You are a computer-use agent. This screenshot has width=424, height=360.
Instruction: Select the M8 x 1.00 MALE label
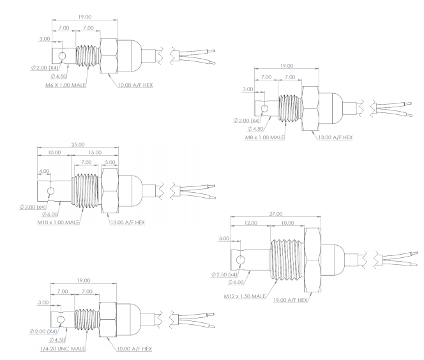pyautogui.click(x=266, y=137)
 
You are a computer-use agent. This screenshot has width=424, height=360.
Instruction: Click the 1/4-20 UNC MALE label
pyautogui.click(x=60, y=349)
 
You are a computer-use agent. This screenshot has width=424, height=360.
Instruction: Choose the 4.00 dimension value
pyautogui.click(x=43, y=172)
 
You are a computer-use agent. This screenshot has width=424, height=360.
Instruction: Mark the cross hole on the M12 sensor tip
pyautogui.click(x=241, y=260)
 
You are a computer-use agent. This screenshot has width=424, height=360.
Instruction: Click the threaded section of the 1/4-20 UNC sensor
pyautogui.click(x=85, y=319)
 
